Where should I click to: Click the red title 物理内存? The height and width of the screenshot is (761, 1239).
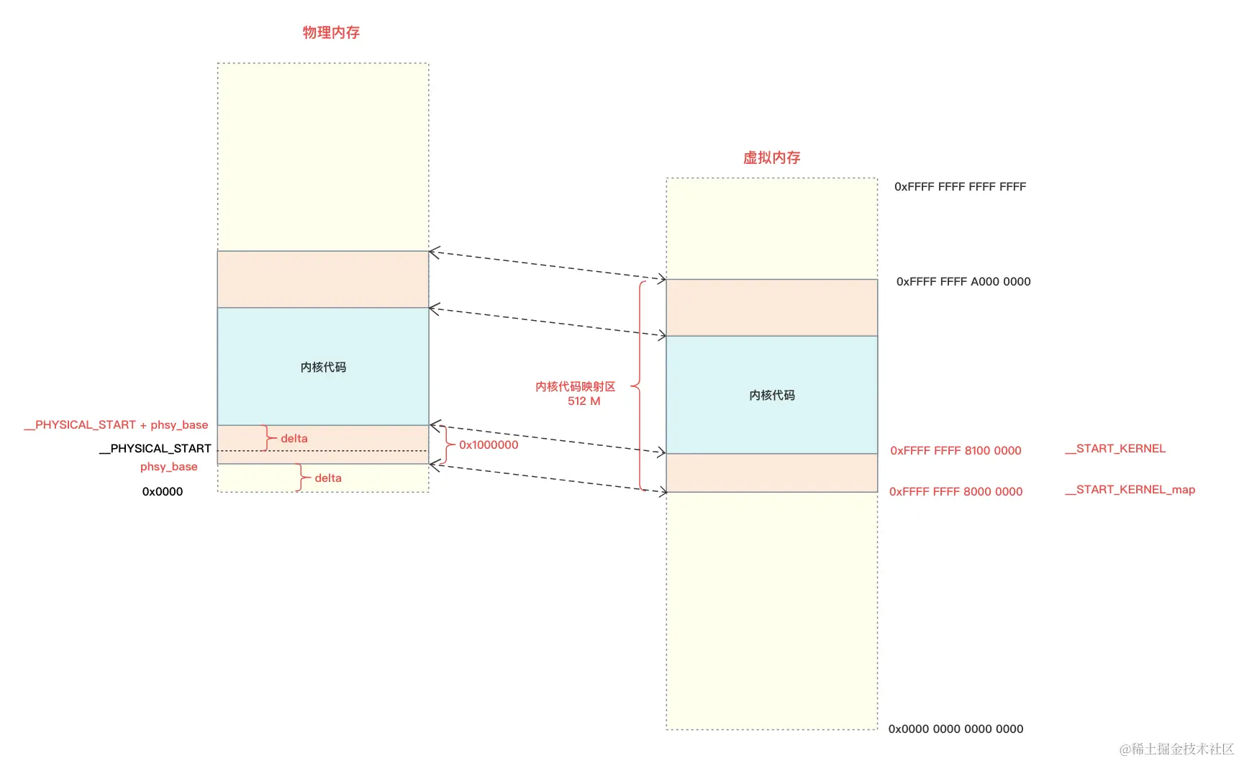[331, 32]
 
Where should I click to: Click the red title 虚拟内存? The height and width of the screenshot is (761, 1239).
[771, 158]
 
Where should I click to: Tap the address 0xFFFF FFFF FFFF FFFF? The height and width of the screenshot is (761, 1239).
[960, 187]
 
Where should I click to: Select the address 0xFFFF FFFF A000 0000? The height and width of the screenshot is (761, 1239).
[963, 282]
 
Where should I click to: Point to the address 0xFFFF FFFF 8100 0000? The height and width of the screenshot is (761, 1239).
[956, 451]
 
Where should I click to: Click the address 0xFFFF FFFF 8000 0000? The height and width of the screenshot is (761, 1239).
[956, 492]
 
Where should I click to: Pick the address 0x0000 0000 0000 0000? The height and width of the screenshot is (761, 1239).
[956, 729]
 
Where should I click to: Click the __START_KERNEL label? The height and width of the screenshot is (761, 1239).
[1115, 449]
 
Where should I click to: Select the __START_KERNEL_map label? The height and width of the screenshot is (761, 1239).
[1130, 490]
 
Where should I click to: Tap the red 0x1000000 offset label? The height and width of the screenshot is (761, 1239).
[489, 445]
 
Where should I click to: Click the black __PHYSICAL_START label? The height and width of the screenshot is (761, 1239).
[155, 449]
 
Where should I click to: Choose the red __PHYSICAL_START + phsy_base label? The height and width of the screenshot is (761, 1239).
[116, 425]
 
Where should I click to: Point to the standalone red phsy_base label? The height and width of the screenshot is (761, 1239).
[168, 467]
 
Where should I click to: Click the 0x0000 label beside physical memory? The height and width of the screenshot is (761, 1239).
[163, 492]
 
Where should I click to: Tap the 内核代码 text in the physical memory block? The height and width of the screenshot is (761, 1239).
[323, 368]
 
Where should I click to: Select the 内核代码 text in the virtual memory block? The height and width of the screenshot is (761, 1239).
[771, 396]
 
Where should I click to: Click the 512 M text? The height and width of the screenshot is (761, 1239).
[584, 401]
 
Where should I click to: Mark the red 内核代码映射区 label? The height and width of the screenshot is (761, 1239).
[575, 387]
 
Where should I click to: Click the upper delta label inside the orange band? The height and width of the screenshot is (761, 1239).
[294, 439]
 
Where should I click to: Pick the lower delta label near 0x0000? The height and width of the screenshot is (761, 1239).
[328, 478]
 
